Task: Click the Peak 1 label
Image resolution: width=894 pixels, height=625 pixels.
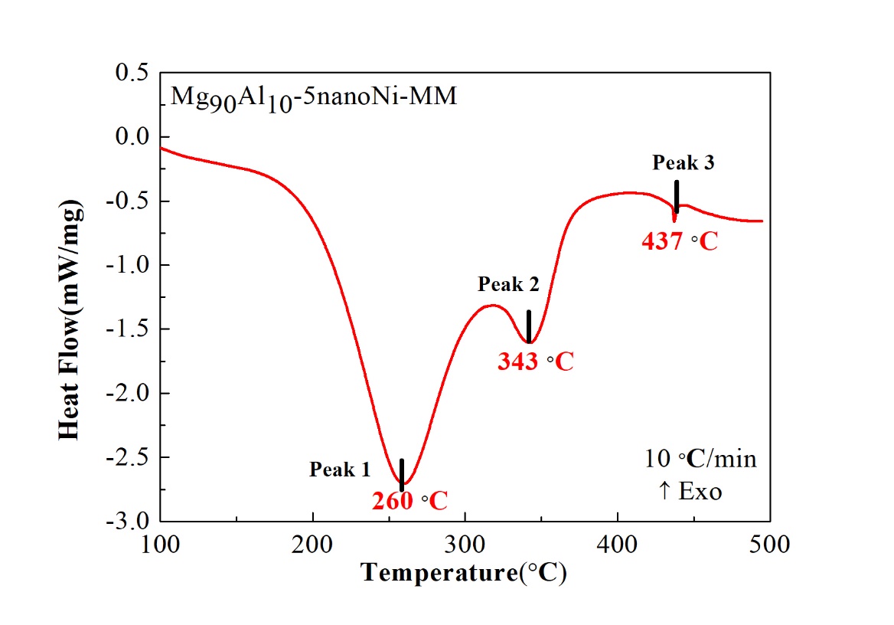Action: point(340,470)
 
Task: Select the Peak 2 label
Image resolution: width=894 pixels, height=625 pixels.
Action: point(508,285)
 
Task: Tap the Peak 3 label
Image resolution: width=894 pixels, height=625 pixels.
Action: point(684,162)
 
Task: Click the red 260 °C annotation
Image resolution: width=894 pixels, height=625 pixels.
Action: point(409,501)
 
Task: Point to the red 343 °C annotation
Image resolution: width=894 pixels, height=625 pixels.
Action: point(535,362)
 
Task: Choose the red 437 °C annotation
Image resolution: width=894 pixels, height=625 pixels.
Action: point(680,242)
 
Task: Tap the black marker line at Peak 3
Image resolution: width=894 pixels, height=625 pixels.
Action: point(677,196)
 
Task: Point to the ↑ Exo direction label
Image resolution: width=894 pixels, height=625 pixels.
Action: point(690,491)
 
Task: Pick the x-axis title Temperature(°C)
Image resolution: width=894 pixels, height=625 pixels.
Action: point(464,572)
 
